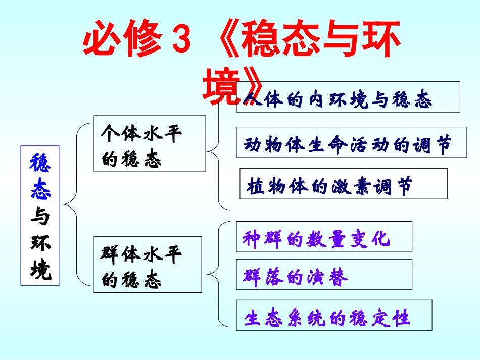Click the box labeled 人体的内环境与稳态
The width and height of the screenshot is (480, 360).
point(348,97)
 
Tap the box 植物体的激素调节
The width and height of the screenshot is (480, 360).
point(344,184)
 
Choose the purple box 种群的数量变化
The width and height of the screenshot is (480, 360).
point(324,237)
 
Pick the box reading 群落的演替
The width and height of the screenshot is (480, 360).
point(324,275)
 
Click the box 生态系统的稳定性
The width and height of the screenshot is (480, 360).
point(334,316)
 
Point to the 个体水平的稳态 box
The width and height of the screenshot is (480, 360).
point(150,143)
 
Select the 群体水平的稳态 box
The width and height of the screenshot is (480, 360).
point(148,265)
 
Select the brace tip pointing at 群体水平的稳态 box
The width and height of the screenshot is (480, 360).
point(208,276)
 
